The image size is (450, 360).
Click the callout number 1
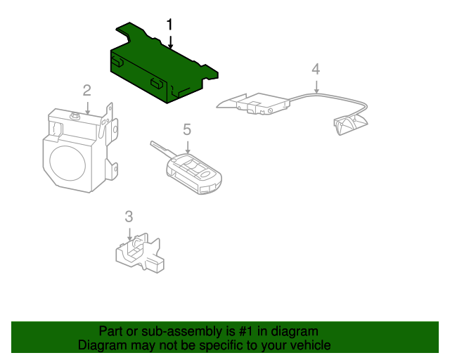tap(169, 25)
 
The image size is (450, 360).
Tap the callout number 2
tap(86, 90)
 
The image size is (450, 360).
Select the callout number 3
tap(129, 216)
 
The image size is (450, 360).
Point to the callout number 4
tap(316, 68)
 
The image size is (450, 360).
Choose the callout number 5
tap(187, 129)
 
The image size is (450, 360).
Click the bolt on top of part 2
tap(73, 114)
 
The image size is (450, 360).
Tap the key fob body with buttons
tap(195, 173)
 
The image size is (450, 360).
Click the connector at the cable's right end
tap(350, 124)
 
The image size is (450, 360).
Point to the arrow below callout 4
tap(316, 87)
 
